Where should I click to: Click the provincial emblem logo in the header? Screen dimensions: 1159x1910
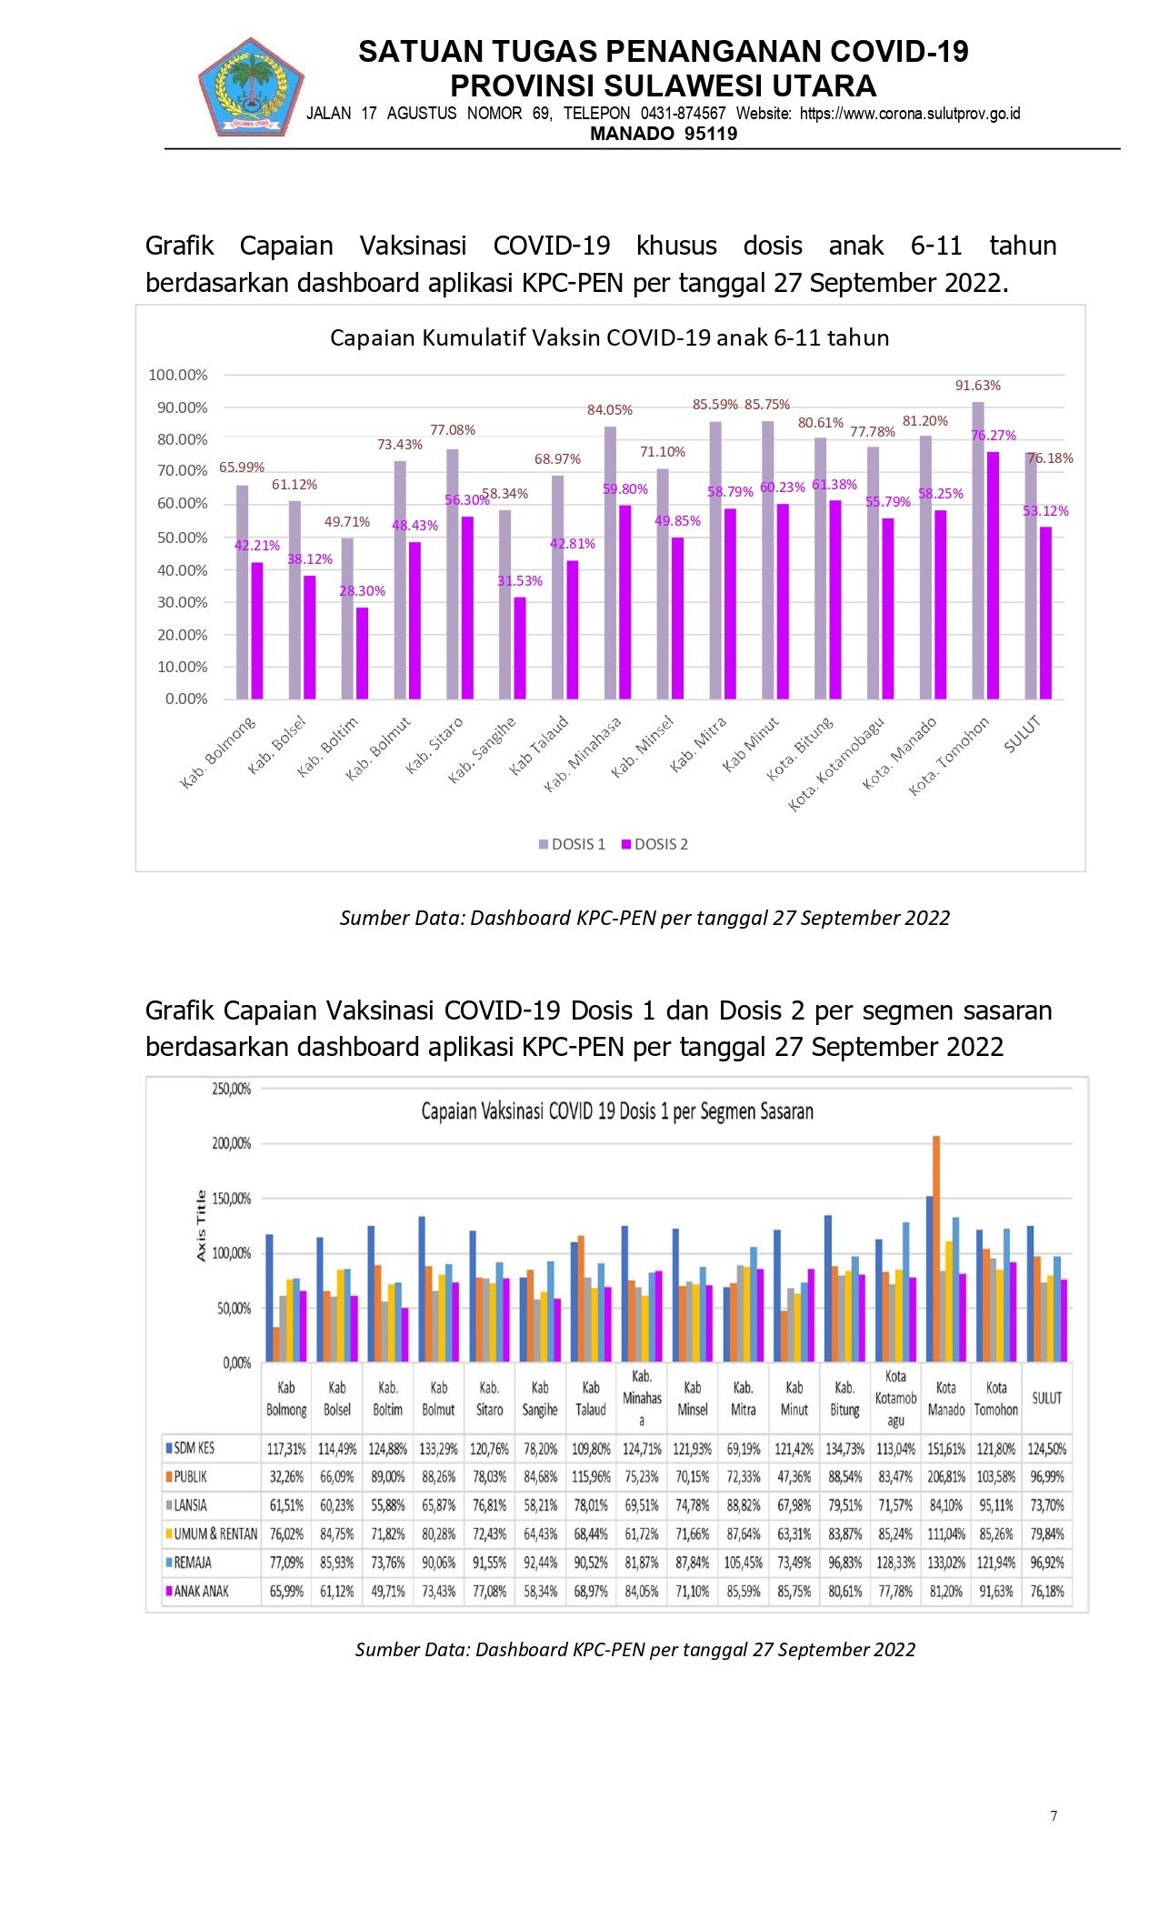pos(251,86)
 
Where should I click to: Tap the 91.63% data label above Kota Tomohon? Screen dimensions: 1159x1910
pos(977,386)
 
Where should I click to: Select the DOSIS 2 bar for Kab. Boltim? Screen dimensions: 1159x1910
pos(362,653)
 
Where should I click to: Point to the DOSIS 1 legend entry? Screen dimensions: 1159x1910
pos(572,844)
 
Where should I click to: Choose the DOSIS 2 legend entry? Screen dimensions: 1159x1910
pos(654,844)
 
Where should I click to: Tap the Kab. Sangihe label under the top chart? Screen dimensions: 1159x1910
pos(483,750)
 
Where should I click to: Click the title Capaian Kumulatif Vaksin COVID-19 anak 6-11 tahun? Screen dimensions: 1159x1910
pos(609,338)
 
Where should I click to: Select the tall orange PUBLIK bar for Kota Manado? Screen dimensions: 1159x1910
pos(936,1249)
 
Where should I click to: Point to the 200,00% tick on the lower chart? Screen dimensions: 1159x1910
pos(231,1143)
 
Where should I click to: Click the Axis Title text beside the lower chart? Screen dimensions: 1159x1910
pos(201,1225)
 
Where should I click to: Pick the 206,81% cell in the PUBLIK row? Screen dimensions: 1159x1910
pos(946,1476)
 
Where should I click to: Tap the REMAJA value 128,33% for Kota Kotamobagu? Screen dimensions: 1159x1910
pos(895,1562)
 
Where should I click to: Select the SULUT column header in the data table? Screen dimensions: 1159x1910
pos(1046,1398)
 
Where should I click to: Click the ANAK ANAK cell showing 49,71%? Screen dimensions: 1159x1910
pos(388,1591)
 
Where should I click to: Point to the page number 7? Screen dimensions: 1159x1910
pos(1054,1815)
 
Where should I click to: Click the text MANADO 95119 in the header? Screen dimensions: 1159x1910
pos(664,134)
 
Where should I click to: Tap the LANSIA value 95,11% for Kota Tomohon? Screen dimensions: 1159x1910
pos(996,1505)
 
